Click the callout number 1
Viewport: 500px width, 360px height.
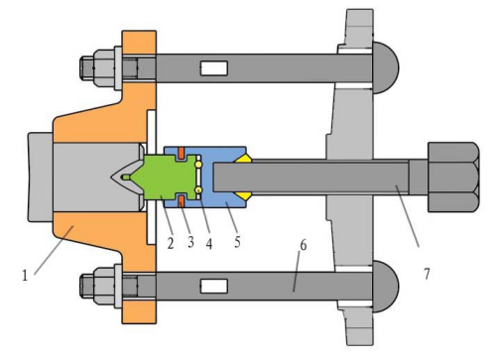click(x=25, y=276)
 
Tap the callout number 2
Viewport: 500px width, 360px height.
click(x=171, y=243)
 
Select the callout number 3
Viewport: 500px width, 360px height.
click(x=190, y=242)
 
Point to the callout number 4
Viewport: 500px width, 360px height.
click(x=209, y=244)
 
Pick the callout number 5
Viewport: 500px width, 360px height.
click(x=237, y=242)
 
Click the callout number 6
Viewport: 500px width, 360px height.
click(x=304, y=245)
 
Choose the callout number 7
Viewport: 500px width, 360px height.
click(x=427, y=274)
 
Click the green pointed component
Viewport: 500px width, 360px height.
click(x=162, y=178)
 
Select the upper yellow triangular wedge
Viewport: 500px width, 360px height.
click(x=244, y=159)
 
